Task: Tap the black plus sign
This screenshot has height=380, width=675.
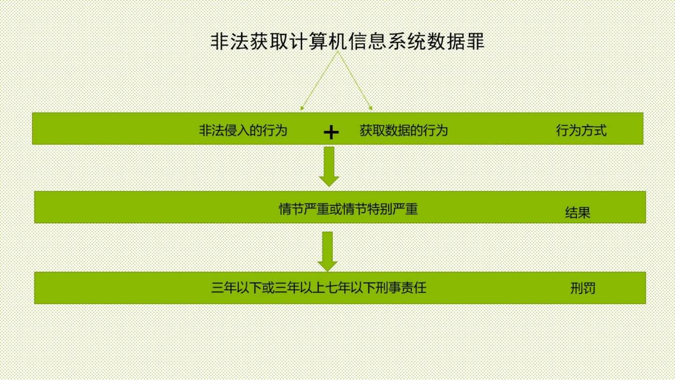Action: point(331,133)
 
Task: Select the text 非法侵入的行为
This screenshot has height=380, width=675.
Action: point(243,130)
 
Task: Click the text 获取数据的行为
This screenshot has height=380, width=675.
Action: point(404,130)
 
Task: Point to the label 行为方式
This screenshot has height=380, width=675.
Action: point(581,130)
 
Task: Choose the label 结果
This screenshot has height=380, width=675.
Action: point(577,213)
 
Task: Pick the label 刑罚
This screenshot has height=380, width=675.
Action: point(583,288)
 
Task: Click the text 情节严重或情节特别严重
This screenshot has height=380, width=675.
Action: point(348,208)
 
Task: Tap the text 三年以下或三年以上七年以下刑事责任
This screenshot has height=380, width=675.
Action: point(319,287)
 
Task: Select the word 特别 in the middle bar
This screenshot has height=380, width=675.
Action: point(380,208)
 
